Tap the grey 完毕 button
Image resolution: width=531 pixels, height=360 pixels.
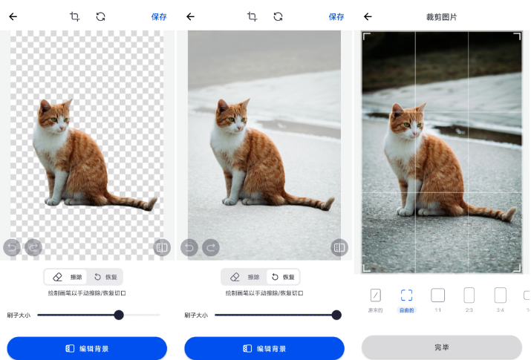441,347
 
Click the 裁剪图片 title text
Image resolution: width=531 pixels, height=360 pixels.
441,16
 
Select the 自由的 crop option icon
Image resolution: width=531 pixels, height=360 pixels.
406,295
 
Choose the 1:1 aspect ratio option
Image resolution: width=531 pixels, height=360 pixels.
438,295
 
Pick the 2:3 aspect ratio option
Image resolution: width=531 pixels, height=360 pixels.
469,295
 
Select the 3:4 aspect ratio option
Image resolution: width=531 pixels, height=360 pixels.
500,295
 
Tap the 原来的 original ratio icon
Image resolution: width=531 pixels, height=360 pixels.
375,295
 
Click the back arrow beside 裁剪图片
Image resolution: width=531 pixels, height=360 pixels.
368,16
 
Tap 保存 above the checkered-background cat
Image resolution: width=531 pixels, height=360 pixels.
159,16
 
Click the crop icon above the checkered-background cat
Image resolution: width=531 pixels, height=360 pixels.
74,16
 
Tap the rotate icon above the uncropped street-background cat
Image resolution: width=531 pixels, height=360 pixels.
278,16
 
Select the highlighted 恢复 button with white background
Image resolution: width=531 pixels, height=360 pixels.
282,277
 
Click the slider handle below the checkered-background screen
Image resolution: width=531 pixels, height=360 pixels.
119,315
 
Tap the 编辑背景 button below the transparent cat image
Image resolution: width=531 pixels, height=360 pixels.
87,348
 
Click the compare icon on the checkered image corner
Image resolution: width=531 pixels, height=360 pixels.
162,247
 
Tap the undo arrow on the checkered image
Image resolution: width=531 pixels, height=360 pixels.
12,247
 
